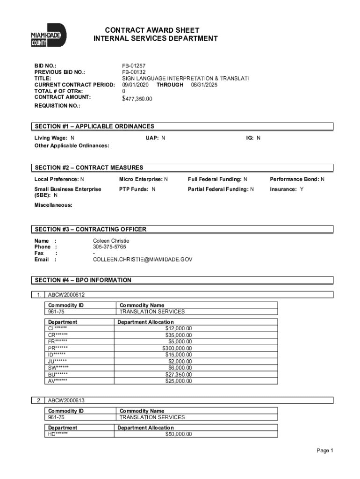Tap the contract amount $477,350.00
[x=137, y=99]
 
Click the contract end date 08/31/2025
[x=204, y=85]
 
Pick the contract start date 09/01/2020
[x=136, y=85]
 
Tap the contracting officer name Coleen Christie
[x=111, y=240]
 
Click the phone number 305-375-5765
[x=109, y=247]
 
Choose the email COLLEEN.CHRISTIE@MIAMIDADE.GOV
[x=143, y=259]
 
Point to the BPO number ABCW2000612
[x=66, y=295]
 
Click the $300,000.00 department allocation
[x=177, y=348]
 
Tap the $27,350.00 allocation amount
[x=179, y=375]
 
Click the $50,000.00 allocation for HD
[x=179, y=434]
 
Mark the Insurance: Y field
[x=287, y=189]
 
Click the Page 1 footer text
[x=324, y=450]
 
